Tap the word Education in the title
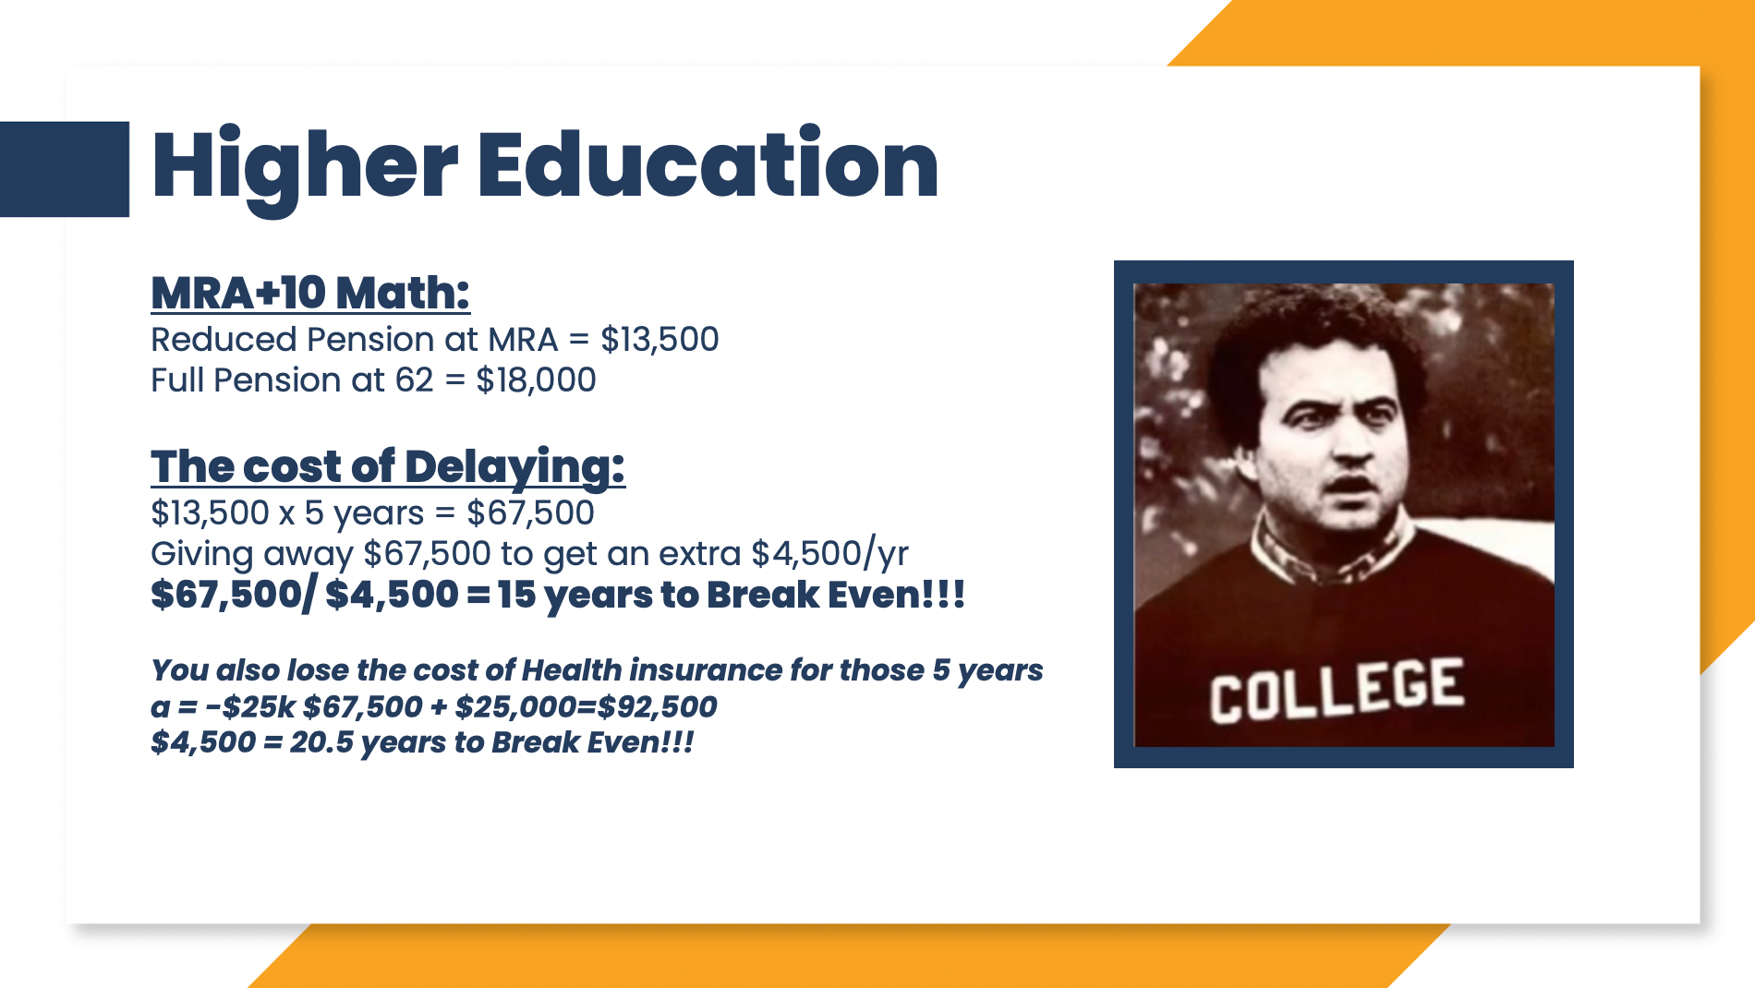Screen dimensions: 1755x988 click(708, 164)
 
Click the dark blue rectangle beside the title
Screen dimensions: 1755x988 click(65, 169)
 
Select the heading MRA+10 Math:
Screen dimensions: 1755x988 click(310, 293)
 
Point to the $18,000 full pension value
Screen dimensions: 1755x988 click(536, 380)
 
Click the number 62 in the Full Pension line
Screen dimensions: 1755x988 click(414, 380)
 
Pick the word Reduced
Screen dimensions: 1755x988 click(224, 339)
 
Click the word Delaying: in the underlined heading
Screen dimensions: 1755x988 click(514, 467)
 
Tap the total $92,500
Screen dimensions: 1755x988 click(657, 706)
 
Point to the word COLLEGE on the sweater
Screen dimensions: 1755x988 click(1337, 691)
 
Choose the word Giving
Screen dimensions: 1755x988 click(201, 554)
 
